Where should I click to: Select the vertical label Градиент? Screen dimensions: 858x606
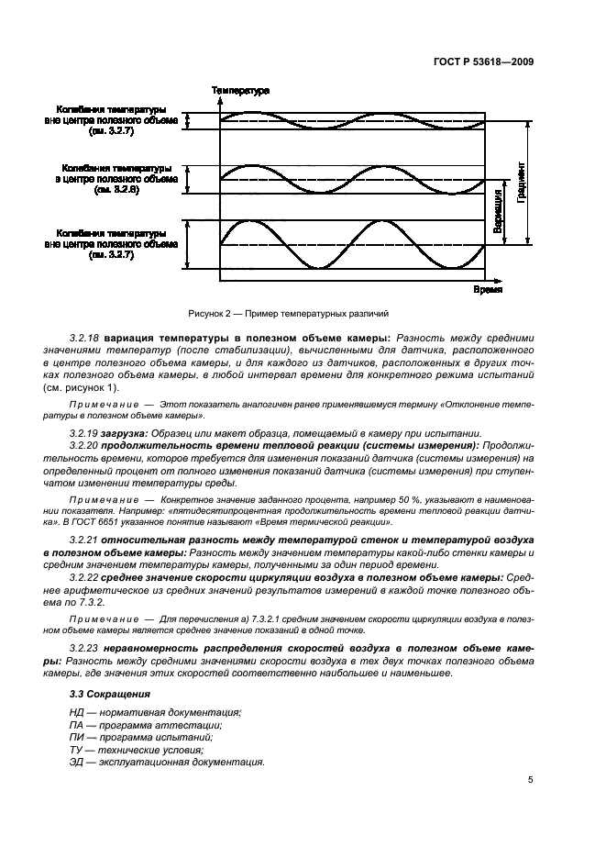coord(521,191)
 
